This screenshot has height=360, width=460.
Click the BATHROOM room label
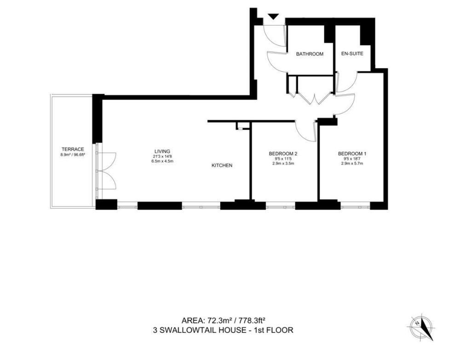point(310,54)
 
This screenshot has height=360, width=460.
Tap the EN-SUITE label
point(352,54)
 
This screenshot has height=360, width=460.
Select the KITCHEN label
point(222,166)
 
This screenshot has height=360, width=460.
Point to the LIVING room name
point(162,151)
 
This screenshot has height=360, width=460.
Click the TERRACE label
point(73,149)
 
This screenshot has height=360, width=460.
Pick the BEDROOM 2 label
point(283,154)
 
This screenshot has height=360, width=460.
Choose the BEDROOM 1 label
point(352,154)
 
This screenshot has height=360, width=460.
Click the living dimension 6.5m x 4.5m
point(162,161)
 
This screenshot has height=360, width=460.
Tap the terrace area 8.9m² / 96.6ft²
point(73,154)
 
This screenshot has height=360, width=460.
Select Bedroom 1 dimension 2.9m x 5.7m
point(352,163)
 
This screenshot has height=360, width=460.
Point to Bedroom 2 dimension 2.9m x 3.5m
point(283,163)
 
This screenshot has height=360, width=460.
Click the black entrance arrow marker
point(273,17)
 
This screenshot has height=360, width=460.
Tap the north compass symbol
point(421,327)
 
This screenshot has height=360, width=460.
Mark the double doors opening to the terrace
point(107,171)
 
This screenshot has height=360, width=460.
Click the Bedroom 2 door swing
point(305,131)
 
